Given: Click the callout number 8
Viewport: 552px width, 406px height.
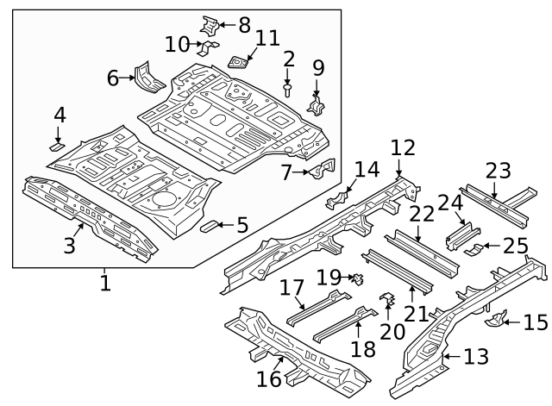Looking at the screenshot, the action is [244, 25].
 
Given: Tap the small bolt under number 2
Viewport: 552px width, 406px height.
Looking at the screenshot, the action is [287, 90].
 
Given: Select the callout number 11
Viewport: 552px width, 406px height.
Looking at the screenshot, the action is [267, 38].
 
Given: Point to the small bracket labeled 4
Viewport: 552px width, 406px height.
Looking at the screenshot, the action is [56, 147].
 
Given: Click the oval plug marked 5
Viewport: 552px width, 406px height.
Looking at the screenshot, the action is [209, 226].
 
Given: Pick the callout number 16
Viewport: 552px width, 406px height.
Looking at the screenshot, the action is [269, 379].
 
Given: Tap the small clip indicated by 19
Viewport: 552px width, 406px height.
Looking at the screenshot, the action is [359, 279].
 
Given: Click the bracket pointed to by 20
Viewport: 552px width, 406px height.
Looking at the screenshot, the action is [387, 299].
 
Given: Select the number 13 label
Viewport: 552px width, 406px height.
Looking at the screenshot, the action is [476, 356].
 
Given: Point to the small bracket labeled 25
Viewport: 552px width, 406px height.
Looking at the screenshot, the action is [474, 249].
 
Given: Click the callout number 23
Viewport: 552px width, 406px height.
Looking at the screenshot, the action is [499, 171].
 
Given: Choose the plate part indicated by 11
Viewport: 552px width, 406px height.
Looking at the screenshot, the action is [239, 62].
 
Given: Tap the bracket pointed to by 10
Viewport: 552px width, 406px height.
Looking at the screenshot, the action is [208, 48].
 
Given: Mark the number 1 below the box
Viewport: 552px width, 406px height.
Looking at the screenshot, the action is [105, 283].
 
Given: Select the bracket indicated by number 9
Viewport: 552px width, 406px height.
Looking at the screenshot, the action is [317, 104].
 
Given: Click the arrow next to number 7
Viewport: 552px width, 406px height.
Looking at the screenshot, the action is [301, 172].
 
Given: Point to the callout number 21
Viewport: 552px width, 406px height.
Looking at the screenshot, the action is [416, 314].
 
